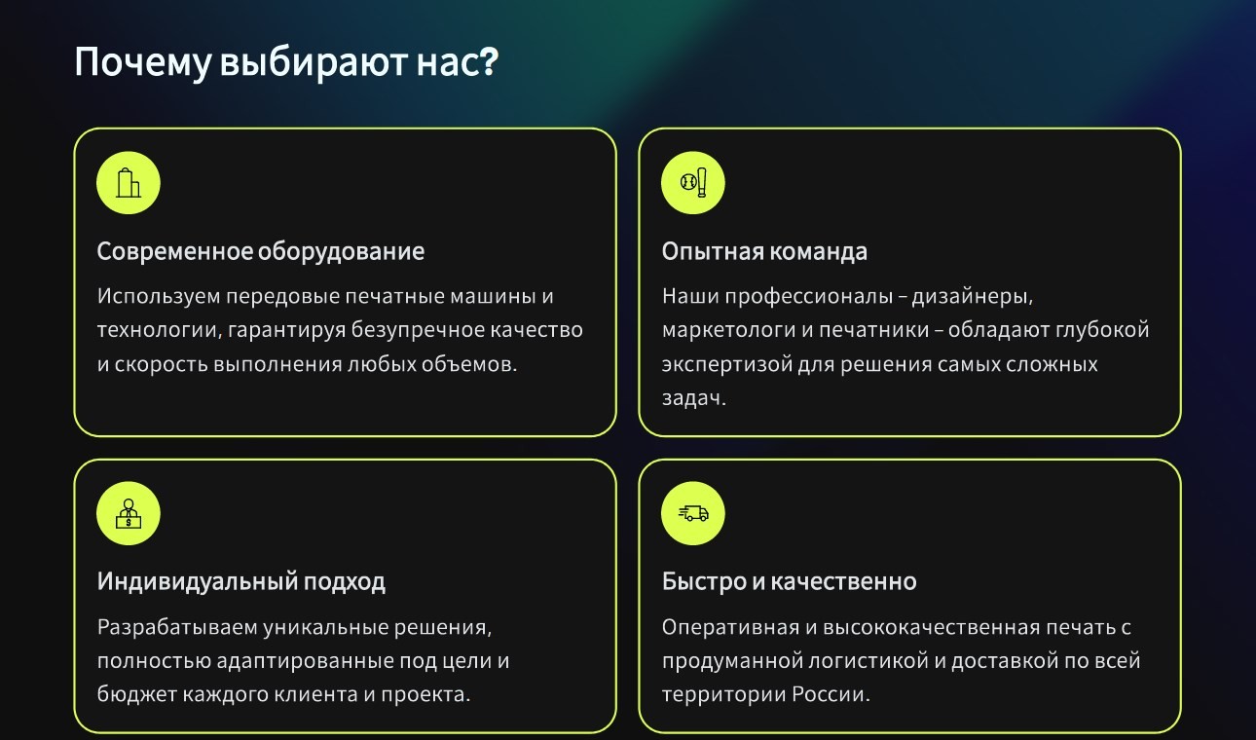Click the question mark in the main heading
point(490,60)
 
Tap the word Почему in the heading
point(143,62)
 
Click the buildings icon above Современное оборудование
point(129,183)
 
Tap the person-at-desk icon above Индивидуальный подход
point(129,513)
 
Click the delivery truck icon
point(693,513)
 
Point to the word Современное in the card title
point(175,251)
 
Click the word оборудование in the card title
point(341,252)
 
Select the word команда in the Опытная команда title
point(819,252)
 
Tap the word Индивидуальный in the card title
point(198,582)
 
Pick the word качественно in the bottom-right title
point(844,582)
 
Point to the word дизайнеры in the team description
point(972,297)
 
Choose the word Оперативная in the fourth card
point(730,627)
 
